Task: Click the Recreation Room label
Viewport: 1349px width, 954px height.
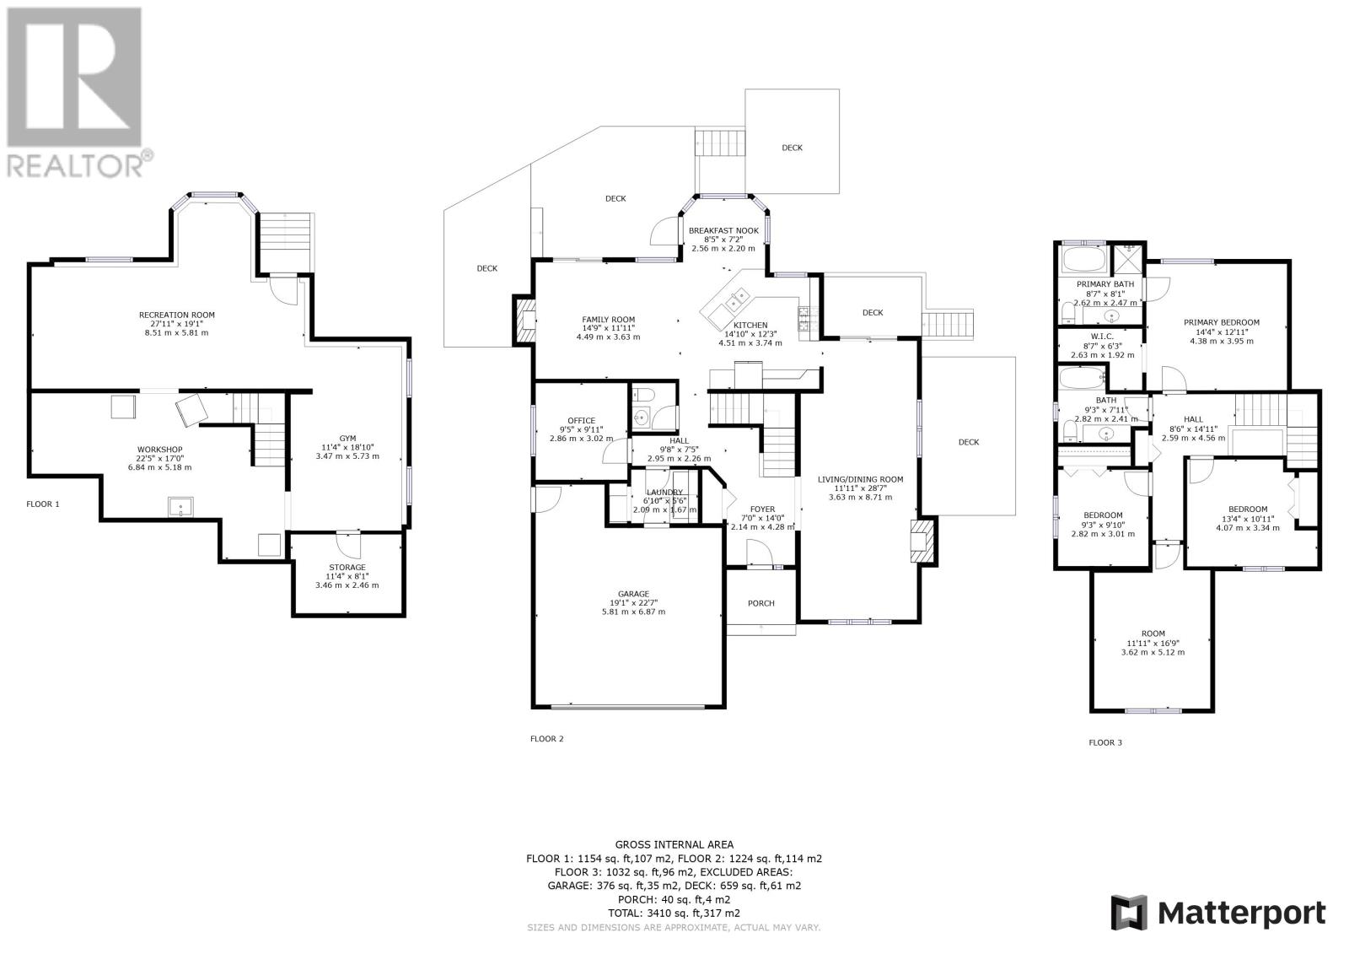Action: point(176,315)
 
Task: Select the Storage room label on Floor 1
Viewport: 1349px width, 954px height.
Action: point(347,567)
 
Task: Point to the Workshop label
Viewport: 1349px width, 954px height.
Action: point(159,450)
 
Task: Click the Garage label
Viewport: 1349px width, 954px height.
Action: point(633,594)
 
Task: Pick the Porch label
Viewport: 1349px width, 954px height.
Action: point(761,603)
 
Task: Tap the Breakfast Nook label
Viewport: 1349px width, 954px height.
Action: point(723,231)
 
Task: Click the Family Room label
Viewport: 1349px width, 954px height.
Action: point(608,320)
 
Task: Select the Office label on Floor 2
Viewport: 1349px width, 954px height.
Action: point(581,421)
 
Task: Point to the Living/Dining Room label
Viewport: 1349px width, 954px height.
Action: point(861,480)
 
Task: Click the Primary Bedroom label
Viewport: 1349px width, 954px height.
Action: point(1222,322)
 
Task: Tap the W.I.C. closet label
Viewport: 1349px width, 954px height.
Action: point(1102,337)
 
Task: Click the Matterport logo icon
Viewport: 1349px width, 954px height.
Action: point(1129,913)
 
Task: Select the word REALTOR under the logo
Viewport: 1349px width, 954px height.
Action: point(75,165)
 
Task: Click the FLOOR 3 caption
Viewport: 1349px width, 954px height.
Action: point(1105,742)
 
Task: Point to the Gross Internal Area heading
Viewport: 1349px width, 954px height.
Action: point(674,845)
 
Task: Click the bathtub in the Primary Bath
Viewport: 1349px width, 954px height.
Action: point(1084,260)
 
